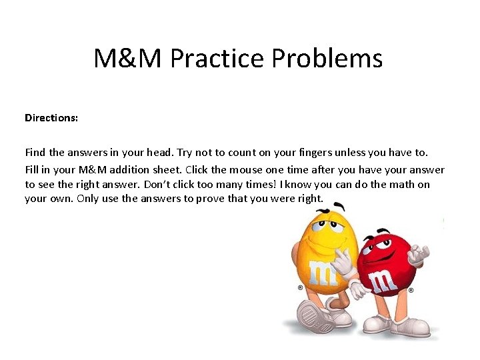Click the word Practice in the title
click(x=210, y=59)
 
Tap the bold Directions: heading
click(x=51, y=118)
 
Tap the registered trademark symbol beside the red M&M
click(x=411, y=291)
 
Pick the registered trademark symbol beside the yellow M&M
click(x=300, y=288)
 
